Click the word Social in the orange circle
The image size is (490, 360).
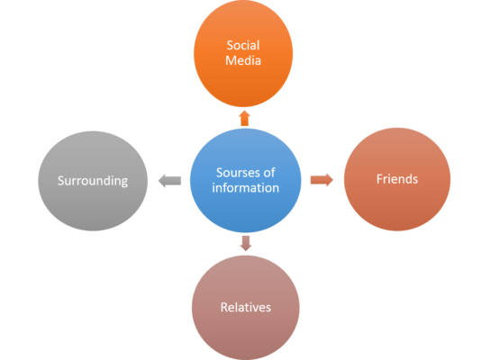point(243,45)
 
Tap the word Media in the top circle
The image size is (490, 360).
point(243,60)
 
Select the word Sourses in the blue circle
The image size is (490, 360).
point(237,173)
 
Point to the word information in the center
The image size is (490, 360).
point(245,188)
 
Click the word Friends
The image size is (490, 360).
point(397,179)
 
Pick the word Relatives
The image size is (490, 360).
point(246,308)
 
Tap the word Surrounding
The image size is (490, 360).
point(93,181)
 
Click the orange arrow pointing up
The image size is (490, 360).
point(245,118)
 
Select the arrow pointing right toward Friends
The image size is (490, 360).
point(322,180)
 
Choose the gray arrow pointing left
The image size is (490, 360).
point(169,181)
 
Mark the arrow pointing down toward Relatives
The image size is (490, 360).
point(246,243)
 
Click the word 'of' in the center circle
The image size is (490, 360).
point(268,173)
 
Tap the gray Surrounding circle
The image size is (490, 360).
point(93,181)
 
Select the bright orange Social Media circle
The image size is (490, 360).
point(243,53)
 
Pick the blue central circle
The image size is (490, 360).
point(246,181)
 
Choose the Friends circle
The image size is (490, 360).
point(397,179)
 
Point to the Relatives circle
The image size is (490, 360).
point(246,308)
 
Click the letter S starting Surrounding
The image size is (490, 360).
point(60,181)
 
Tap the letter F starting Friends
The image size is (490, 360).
point(379,179)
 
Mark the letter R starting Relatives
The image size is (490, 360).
point(224,308)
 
